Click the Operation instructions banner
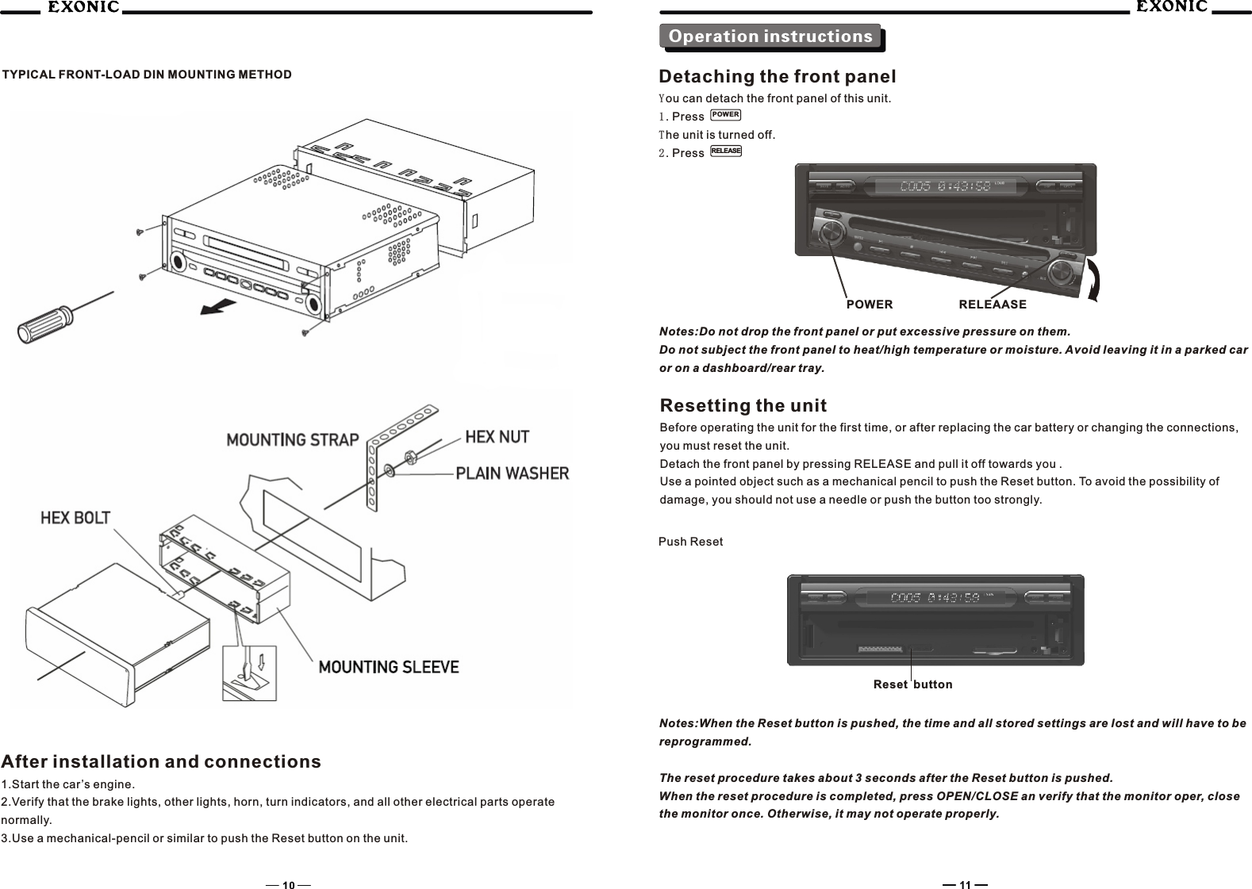pyautogui.click(x=770, y=36)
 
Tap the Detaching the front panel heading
pyautogui.click(x=778, y=77)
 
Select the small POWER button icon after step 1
pyautogui.click(x=726, y=115)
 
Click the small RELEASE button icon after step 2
pyautogui.click(x=726, y=151)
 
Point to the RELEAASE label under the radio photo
pyautogui.click(x=993, y=305)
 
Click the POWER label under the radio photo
pyautogui.click(x=870, y=305)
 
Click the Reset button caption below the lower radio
pyautogui.click(x=912, y=684)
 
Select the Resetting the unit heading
pyautogui.click(x=743, y=406)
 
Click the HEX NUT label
pyautogui.click(x=497, y=436)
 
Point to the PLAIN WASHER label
pyautogui.click(x=512, y=473)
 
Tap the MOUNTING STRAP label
pyautogui.click(x=293, y=439)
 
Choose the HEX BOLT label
pyautogui.click(x=75, y=518)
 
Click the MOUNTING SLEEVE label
pyautogui.click(x=389, y=667)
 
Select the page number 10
pyautogui.click(x=288, y=885)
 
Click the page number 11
pyautogui.click(x=965, y=885)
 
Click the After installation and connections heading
pyautogui.click(x=162, y=762)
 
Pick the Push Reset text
pyautogui.click(x=691, y=542)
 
